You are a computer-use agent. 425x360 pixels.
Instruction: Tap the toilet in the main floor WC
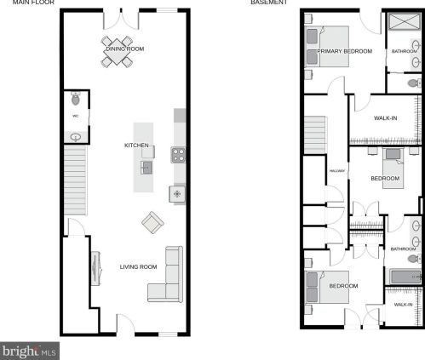pos(76,98)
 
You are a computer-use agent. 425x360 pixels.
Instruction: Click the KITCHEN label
pos(136,146)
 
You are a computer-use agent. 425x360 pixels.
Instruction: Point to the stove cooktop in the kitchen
pos(179,155)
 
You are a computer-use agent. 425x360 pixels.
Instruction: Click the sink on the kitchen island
pos(146,166)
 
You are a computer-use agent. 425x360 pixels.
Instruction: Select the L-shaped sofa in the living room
pos(167,276)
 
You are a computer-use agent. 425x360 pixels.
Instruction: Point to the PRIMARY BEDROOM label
pos(345,51)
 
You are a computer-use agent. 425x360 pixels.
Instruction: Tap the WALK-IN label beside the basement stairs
pos(385,117)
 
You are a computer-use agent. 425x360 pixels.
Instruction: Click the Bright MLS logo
pos(29,350)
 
